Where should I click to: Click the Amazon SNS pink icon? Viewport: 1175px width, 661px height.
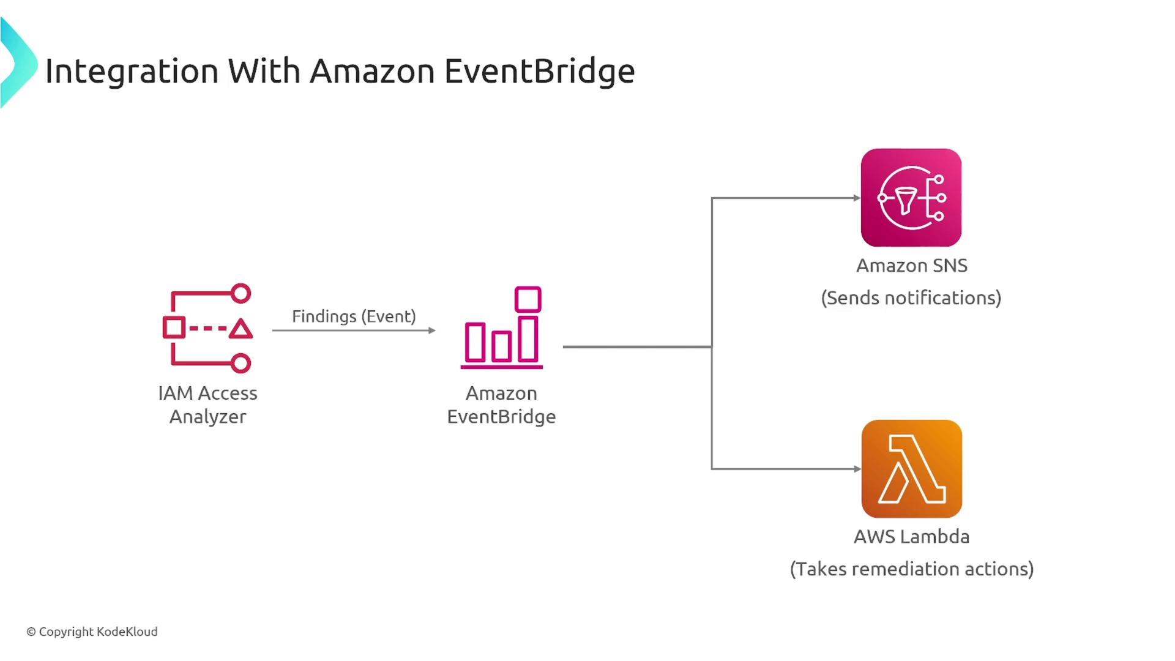[911, 198]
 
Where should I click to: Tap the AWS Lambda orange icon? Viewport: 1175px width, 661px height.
[911, 469]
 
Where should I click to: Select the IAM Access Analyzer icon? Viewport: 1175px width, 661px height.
[207, 329]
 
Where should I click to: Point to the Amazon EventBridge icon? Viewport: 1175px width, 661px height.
[502, 328]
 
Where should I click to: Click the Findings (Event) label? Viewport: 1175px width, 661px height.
[354, 316]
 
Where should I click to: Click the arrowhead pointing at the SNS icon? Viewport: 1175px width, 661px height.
[857, 198]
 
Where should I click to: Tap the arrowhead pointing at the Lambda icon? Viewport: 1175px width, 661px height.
[857, 469]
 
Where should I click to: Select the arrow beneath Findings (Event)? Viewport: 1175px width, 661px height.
[354, 330]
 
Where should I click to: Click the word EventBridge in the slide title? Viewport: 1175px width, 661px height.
[539, 72]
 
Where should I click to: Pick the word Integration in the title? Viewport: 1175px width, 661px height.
[132, 72]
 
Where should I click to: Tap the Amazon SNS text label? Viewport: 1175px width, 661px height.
[911, 266]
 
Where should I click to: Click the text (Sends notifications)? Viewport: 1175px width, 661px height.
[911, 298]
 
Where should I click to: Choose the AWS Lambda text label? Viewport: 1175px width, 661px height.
[911, 537]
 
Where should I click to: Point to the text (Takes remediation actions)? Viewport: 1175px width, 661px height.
[911, 569]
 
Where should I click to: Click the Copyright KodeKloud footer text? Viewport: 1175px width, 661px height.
[92, 632]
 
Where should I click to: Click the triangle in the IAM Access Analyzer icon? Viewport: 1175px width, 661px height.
[241, 329]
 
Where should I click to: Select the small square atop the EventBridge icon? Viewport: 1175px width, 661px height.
[528, 299]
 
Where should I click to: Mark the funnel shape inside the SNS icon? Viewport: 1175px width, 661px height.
[905, 198]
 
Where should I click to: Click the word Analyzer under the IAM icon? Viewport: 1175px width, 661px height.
[207, 417]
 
